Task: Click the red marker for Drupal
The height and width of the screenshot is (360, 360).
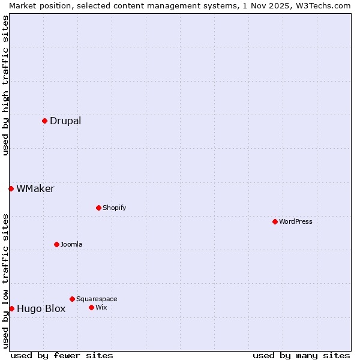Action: click(44, 121)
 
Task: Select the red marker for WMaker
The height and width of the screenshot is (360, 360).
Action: click(11, 188)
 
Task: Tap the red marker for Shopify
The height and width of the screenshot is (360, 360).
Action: click(98, 208)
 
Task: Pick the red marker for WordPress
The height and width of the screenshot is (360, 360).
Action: click(275, 221)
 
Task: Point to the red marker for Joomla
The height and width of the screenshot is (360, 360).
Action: click(56, 244)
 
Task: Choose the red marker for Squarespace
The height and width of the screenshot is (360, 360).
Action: click(72, 299)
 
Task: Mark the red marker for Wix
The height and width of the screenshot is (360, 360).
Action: click(91, 307)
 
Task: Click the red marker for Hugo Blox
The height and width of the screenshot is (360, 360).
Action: click(11, 308)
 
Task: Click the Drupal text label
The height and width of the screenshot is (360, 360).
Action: click(65, 121)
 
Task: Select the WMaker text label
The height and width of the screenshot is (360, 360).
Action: click(35, 188)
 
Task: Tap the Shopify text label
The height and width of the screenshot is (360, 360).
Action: click(114, 208)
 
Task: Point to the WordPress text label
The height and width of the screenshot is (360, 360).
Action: click(296, 221)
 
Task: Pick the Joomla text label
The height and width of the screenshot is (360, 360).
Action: click(71, 244)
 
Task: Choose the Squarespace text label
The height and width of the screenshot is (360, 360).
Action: click(97, 299)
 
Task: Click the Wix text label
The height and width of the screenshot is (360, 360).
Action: click(101, 307)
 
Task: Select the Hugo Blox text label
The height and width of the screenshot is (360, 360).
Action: click(41, 309)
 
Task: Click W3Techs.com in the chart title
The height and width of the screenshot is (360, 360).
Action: click(326, 5)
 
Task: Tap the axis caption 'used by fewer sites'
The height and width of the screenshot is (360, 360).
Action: click(62, 355)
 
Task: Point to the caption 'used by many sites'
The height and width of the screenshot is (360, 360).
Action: click(301, 355)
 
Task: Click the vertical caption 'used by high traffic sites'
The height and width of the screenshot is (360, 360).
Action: click(5, 85)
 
